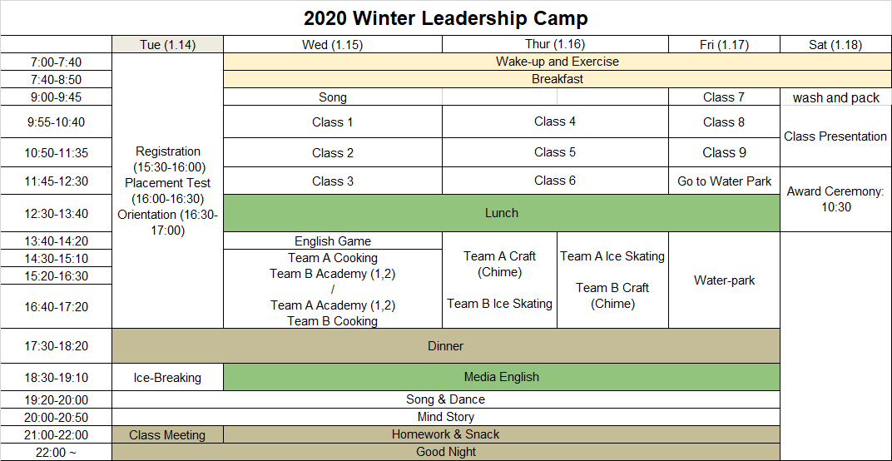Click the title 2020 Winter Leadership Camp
point(445,18)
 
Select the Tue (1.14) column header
point(168,45)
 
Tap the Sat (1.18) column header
point(835,45)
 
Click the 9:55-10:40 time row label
point(57,121)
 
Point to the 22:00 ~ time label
point(57,453)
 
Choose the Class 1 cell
point(333,121)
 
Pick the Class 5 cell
point(555,152)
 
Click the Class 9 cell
point(724,152)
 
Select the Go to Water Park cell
point(724,181)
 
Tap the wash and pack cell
point(835,98)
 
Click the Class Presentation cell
point(835,136)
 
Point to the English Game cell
point(333,241)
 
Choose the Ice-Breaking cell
point(168,377)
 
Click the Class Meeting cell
point(167,435)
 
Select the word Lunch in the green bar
point(502,213)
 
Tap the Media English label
point(502,377)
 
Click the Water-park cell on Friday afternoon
point(724,280)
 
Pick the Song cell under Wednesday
point(333,97)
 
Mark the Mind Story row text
point(446,417)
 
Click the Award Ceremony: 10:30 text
point(835,199)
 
